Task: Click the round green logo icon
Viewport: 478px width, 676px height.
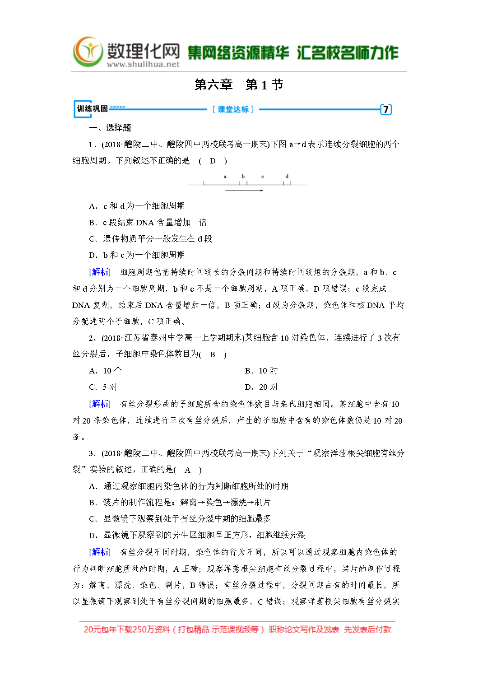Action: click(x=88, y=51)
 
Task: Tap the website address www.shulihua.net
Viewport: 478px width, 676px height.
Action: click(x=143, y=64)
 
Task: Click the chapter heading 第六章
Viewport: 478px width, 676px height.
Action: click(x=213, y=84)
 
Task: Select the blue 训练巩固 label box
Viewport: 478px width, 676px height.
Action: click(x=92, y=109)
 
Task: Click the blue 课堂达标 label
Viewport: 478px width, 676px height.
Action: click(x=233, y=109)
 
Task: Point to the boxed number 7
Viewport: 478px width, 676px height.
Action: click(x=385, y=109)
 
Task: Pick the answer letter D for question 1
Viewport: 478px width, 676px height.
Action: click(x=213, y=161)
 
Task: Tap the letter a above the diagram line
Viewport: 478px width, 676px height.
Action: click(x=225, y=176)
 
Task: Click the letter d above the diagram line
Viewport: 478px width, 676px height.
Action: click(x=287, y=176)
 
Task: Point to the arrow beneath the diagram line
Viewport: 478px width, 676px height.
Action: click(x=244, y=191)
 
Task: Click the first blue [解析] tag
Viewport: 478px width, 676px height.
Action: click(x=100, y=272)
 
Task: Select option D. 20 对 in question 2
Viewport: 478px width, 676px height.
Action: click(x=261, y=387)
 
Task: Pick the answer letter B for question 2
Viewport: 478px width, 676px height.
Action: click(x=212, y=354)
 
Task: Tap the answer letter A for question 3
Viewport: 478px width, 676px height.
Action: click(x=187, y=470)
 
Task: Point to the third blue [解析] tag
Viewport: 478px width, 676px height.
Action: click(x=100, y=552)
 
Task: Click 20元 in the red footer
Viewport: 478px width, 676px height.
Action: click(x=93, y=629)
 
